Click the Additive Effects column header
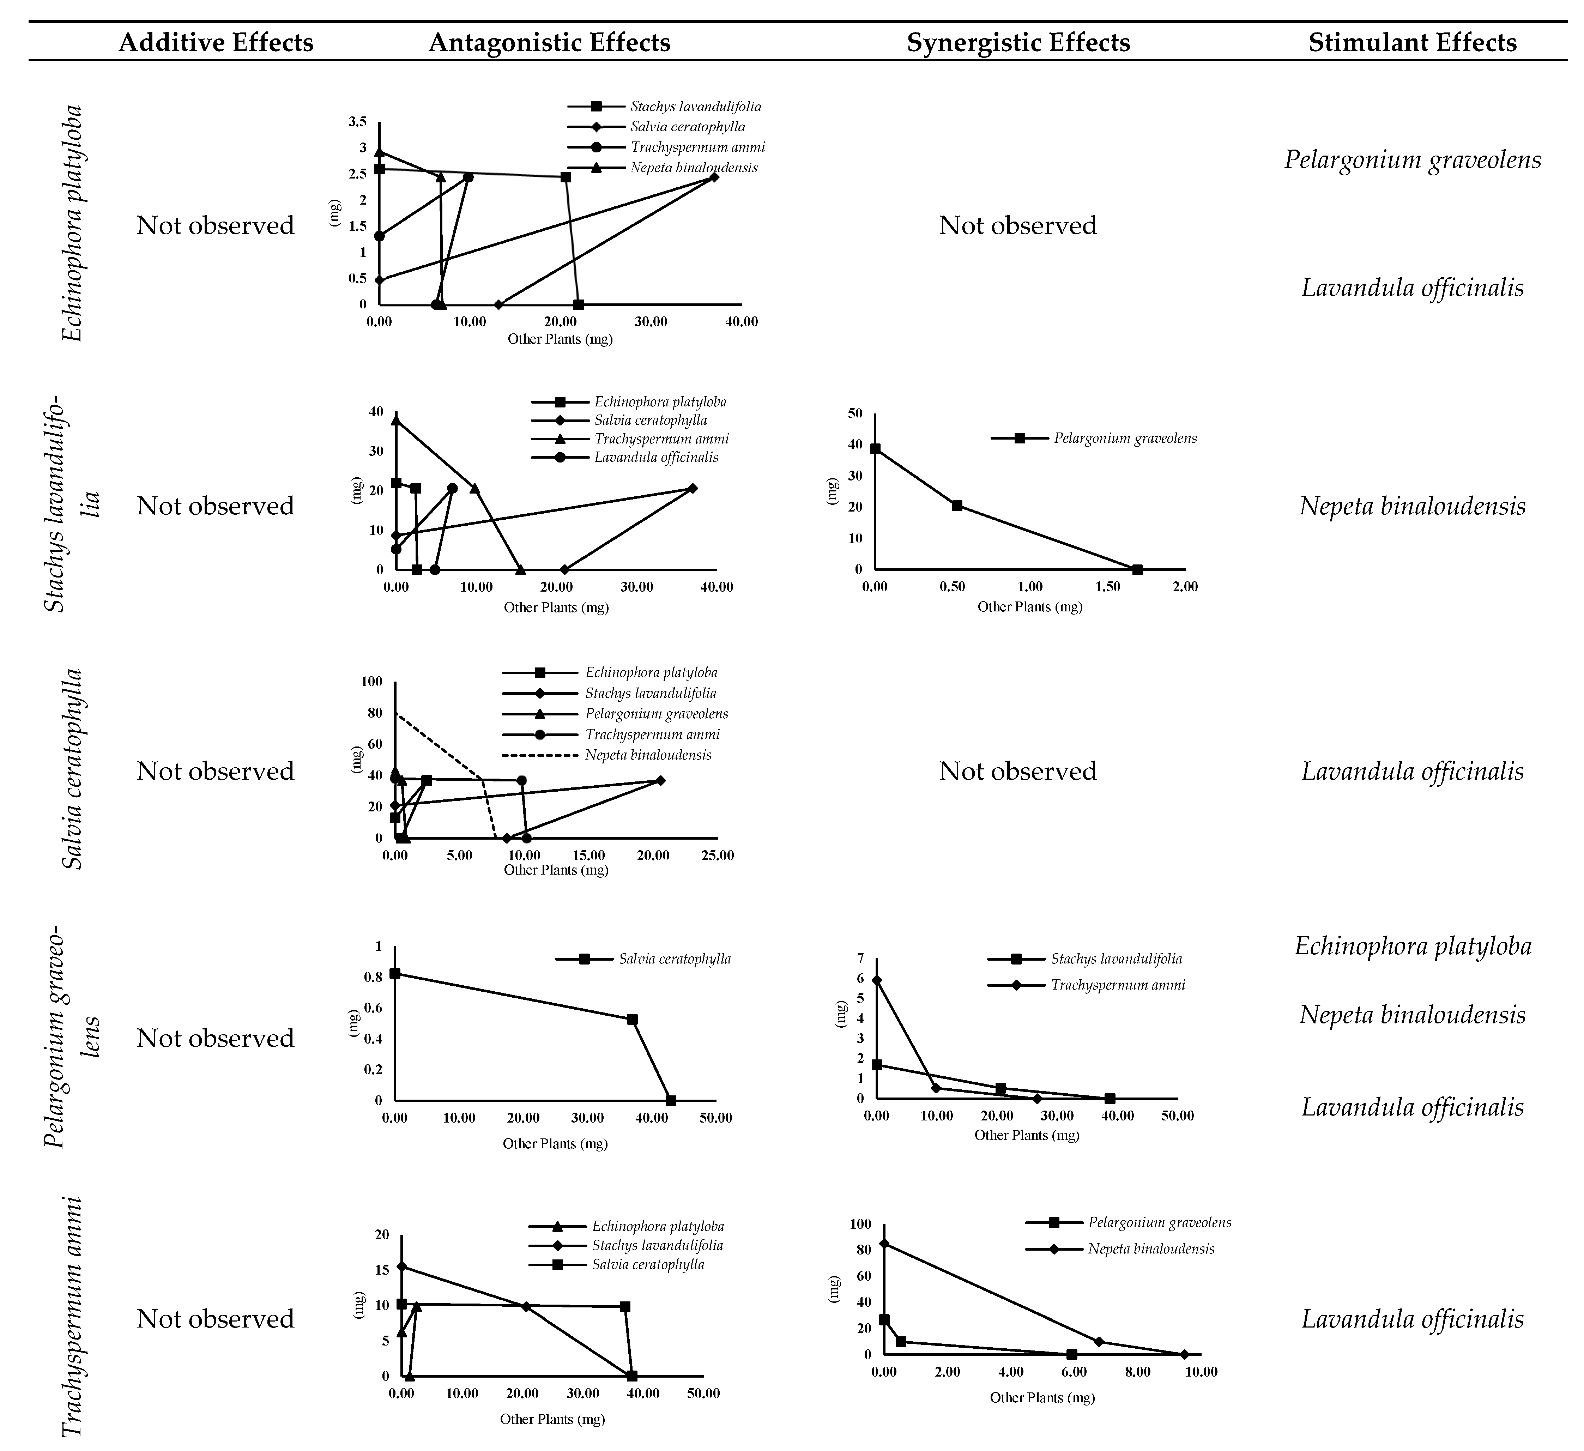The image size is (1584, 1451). tap(216, 42)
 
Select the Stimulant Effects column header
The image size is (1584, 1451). tap(1412, 42)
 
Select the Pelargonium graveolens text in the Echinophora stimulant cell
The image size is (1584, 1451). tap(1412, 159)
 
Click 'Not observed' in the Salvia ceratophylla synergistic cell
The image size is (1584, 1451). tap(1017, 771)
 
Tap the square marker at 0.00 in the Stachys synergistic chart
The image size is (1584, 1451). tap(875, 449)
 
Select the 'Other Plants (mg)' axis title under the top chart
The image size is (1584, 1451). tap(560, 339)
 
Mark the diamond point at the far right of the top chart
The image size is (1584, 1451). tap(713, 177)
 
